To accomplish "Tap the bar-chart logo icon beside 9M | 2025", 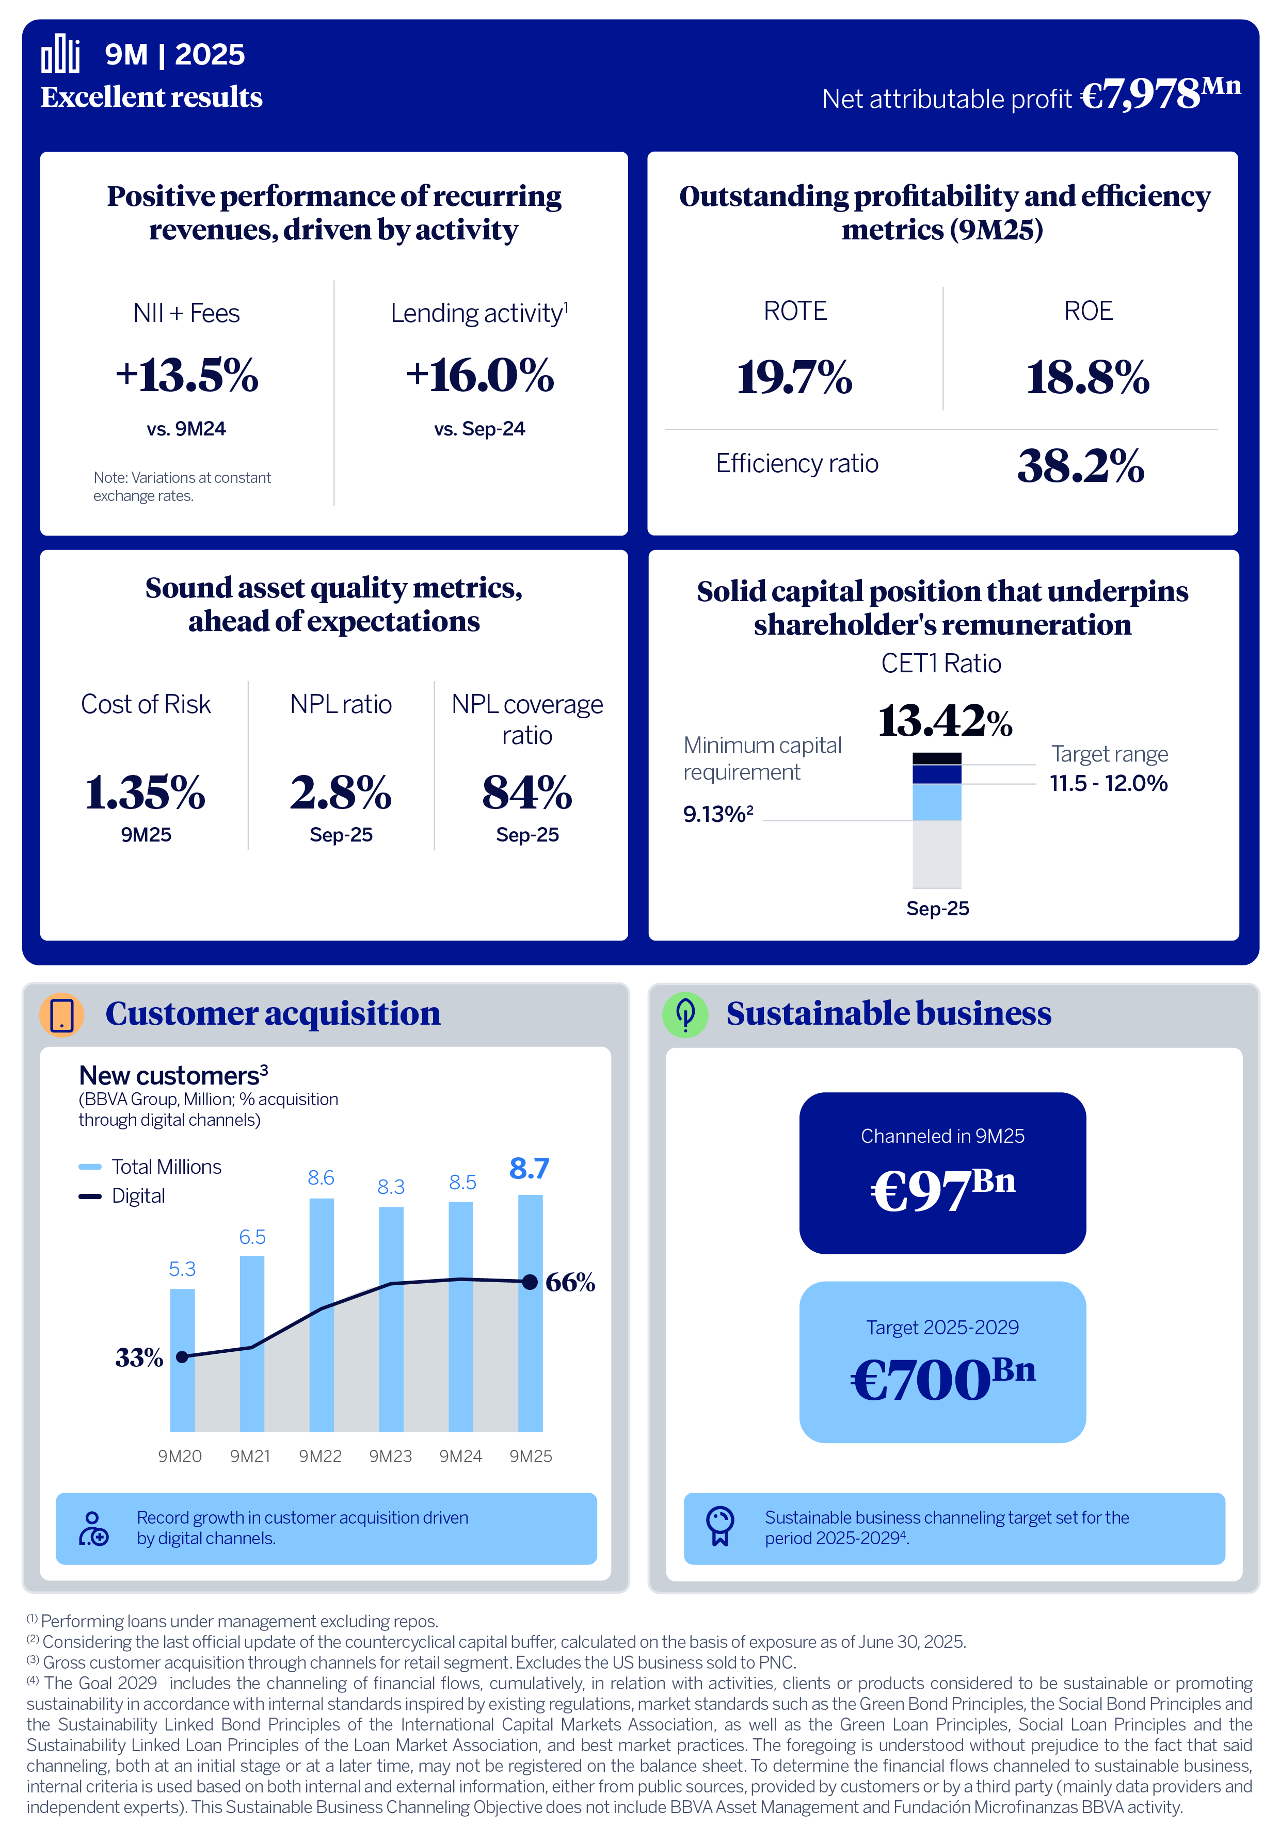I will (60, 54).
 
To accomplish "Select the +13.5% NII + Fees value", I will (186, 375).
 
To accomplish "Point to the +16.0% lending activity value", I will (479, 375).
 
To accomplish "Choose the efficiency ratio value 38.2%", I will (1080, 466).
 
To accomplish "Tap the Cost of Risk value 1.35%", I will (145, 793).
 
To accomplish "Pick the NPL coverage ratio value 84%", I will (527, 793).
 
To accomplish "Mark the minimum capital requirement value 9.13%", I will (717, 815).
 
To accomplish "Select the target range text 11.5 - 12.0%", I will (1108, 783).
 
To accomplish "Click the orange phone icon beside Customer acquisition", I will (62, 1015).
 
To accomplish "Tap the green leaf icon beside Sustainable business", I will (685, 1015).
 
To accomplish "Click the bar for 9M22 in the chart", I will (321, 1315).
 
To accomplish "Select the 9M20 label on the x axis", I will (180, 1456).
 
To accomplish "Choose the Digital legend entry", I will (137, 1196).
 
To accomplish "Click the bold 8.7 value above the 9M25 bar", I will (530, 1169).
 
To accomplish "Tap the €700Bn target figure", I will (942, 1379).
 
